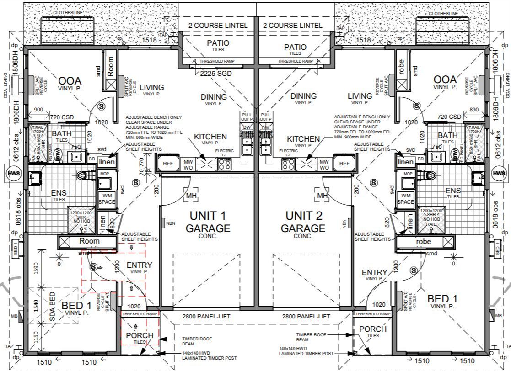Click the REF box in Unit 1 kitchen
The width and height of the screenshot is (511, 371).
[168, 163]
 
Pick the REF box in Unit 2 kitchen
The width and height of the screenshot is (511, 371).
[344, 163]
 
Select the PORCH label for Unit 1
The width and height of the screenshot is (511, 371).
[140, 335]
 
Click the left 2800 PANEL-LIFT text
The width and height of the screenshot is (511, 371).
[205, 316]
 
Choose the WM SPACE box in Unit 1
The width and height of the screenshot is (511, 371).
[106, 198]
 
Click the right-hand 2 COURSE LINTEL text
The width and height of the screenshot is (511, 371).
[293, 26]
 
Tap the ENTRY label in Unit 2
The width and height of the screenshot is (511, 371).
[374, 273]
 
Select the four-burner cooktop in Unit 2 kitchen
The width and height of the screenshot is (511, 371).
[288, 166]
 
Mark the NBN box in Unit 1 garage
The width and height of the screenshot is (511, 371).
[164, 223]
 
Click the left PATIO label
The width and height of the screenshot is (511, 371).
[218, 43]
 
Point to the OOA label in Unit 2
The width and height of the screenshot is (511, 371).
[445, 80]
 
